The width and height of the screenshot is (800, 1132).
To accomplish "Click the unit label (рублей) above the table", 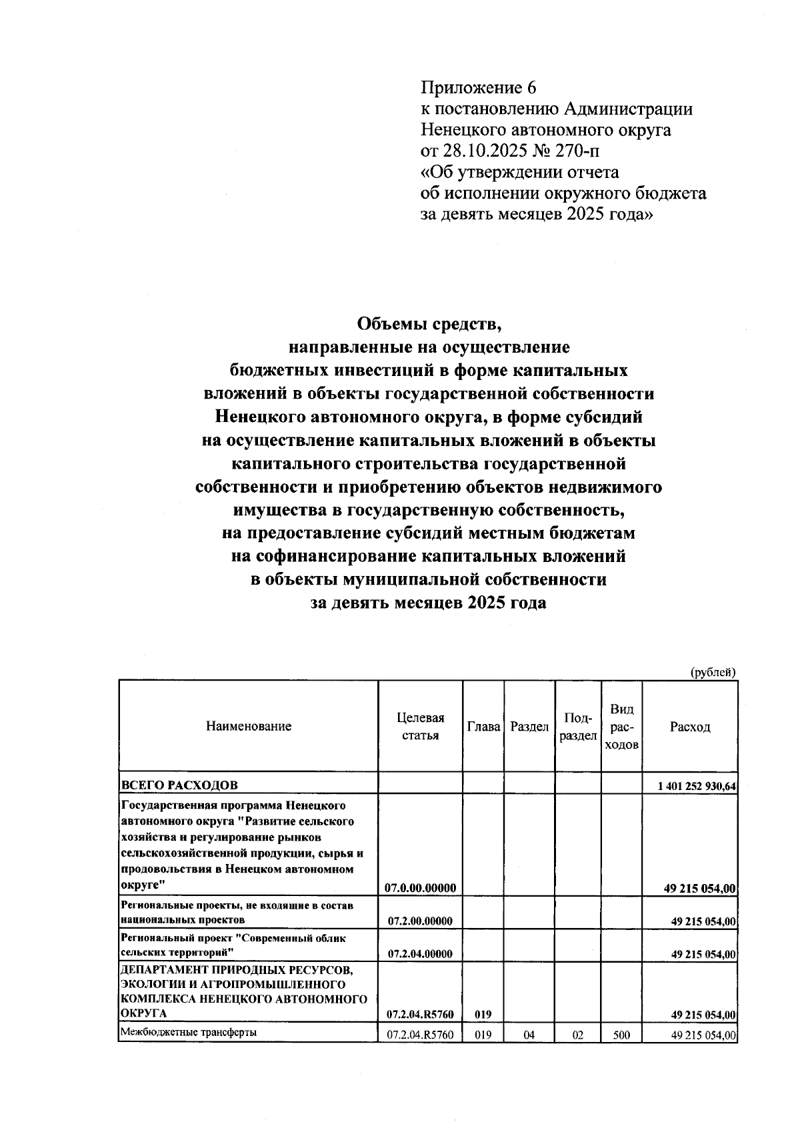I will coord(713,671).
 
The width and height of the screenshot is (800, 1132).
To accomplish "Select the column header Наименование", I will coord(249,726).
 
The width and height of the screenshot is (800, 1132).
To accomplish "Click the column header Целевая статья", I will coord(420,726).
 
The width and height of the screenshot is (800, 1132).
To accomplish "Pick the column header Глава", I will coord(483,726).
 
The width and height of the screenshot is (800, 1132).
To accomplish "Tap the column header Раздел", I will coord(529,726).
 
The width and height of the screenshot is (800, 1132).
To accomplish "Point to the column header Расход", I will coord(690,726).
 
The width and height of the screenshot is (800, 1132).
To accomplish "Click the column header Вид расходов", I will coord(621,726).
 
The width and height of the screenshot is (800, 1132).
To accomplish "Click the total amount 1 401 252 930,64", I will coord(696,786).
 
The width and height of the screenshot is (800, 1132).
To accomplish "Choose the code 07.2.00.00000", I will coord(420,921).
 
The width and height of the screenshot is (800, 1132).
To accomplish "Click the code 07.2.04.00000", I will coord(420,953).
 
